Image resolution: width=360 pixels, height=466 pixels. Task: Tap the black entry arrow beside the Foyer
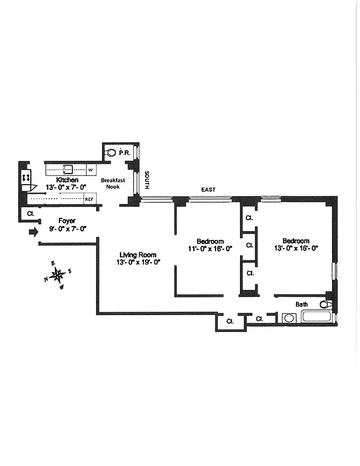(x=33, y=232)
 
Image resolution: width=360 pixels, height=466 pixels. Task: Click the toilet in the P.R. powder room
(x=112, y=153)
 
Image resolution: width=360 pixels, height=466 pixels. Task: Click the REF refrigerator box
(x=89, y=199)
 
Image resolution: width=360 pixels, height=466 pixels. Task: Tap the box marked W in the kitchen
(x=90, y=170)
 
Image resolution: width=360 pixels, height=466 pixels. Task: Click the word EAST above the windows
(x=208, y=190)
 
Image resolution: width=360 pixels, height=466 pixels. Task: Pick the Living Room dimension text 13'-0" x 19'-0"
(x=139, y=262)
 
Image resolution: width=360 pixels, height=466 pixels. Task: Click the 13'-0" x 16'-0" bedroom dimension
(x=296, y=248)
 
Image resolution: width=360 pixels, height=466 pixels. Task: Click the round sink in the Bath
(x=288, y=318)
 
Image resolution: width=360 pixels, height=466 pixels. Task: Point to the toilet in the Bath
(x=326, y=304)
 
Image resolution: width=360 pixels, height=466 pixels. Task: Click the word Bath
(x=301, y=304)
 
